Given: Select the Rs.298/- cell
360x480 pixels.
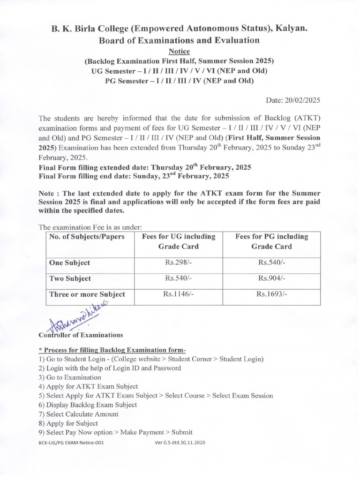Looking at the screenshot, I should (179, 262).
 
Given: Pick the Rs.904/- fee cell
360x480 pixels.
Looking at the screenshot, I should (271, 278).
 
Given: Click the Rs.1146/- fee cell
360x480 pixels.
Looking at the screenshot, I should (179, 294).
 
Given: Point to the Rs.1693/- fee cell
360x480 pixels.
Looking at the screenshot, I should (271, 294).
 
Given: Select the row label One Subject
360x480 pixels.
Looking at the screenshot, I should (69, 263).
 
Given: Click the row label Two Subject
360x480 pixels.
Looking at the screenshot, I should (70, 279).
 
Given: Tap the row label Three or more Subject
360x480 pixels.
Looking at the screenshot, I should (87, 294).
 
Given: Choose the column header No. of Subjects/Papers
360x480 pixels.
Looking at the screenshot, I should (87, 237).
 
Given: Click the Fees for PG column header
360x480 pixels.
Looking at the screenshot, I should (271, 241).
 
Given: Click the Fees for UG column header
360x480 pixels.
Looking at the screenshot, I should (179, 241).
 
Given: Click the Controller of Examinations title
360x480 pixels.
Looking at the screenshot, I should (81, 335).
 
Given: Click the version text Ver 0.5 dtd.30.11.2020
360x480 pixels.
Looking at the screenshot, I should (180, 442).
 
